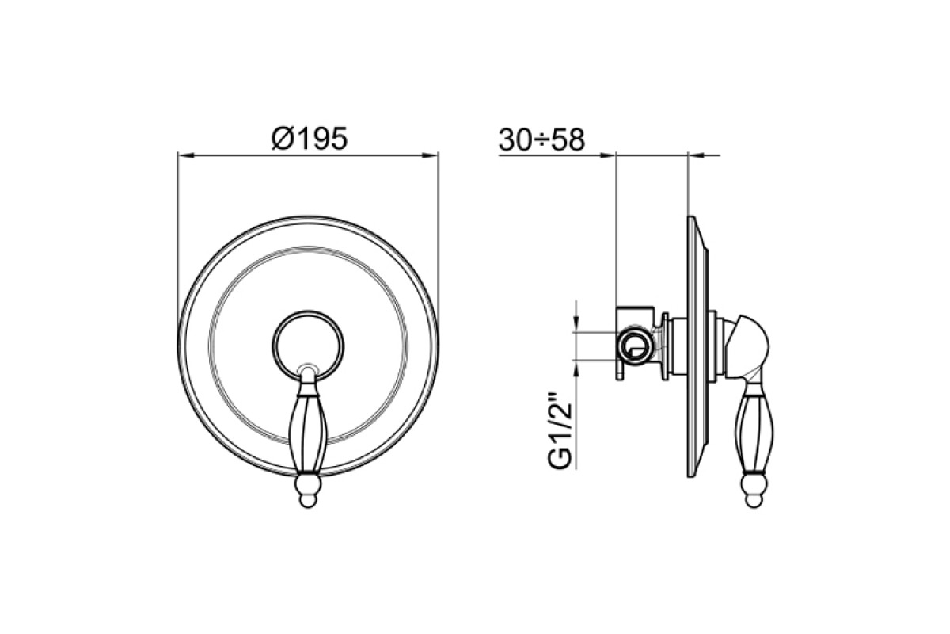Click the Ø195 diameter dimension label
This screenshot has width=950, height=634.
point(310,138)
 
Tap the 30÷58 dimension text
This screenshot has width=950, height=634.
point(542,139)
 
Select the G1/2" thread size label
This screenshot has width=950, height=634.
point(560,432)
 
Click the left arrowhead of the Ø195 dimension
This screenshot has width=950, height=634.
point(186,156)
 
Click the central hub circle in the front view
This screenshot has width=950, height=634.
point(308,345)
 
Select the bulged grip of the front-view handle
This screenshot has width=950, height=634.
point(308,432)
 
